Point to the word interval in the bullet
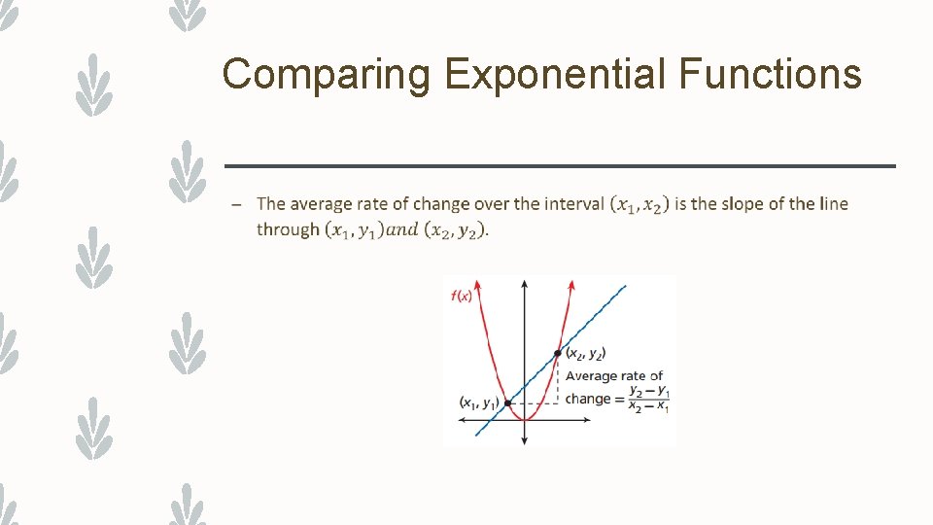571,204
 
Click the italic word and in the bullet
402,230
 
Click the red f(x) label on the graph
462,296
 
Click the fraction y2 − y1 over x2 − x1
648,399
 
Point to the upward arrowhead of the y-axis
524,284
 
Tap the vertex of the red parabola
525,419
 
